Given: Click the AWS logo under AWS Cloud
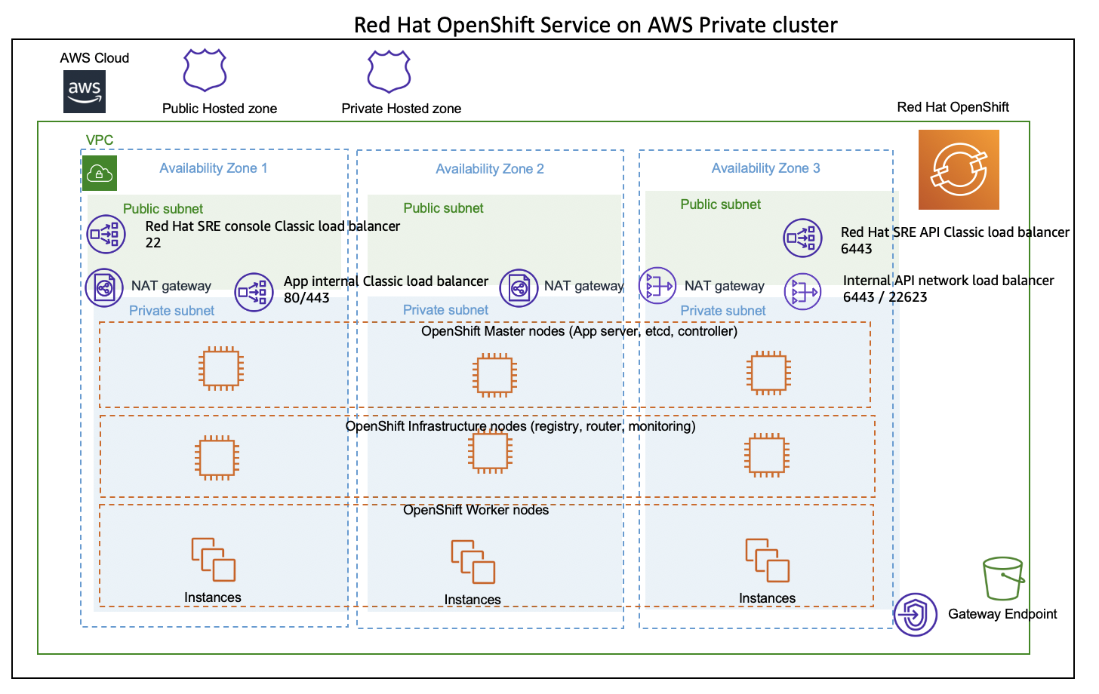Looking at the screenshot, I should click(85, 91).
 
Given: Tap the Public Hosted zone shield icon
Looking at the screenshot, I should click(205, 70).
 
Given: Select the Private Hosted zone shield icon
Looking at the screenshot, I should click(389, 72).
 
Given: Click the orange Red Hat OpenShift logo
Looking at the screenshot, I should click(959, 170).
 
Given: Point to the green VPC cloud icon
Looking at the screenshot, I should click(100, 173).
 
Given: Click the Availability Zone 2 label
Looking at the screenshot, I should click(490, 169).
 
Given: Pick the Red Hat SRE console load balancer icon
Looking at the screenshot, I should click(106, 234).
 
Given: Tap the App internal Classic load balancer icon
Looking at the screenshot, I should click(254, 292).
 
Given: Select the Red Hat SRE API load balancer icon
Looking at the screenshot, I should click(802, 238).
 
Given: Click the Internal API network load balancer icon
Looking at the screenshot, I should click(802, 291).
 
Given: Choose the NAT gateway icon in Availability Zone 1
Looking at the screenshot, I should click(104, 287).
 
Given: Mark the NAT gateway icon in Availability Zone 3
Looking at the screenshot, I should click(657, 286).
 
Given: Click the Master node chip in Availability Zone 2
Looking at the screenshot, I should click(494, 375).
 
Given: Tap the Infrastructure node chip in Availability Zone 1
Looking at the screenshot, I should click(217, 457).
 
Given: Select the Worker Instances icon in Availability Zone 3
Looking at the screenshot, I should click(768, 560).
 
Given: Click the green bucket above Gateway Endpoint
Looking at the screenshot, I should click(1003, 579).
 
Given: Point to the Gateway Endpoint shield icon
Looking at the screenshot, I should click(915, 614).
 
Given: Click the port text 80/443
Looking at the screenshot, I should click(306, 298).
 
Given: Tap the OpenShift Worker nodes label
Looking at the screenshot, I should click(476, 510).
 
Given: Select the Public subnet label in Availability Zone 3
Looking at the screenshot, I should click(720, 204).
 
